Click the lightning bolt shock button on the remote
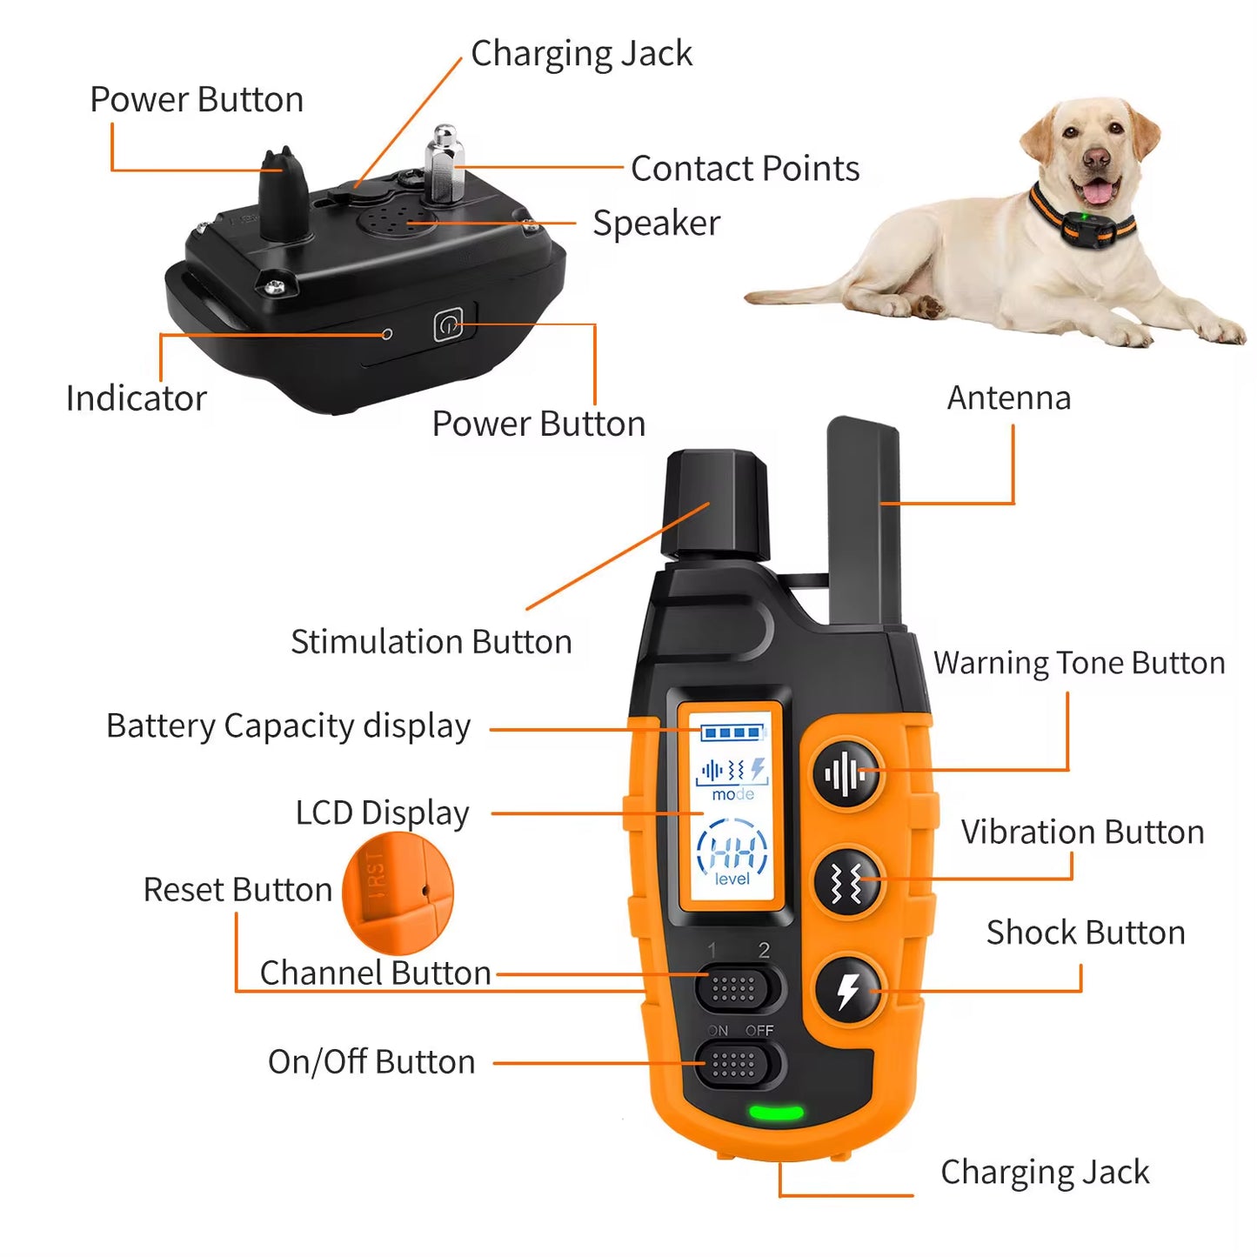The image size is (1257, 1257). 849,990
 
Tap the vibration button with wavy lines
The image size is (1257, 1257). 847,881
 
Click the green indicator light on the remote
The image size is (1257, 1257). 776,1113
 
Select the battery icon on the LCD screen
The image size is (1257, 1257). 732,732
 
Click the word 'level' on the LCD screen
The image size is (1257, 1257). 732,879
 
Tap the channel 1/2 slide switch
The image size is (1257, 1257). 736,988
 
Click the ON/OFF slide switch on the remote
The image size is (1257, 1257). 736,1064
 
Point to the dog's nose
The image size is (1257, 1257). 1097,158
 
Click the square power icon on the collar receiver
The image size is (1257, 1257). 447,326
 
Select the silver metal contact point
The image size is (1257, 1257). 445,165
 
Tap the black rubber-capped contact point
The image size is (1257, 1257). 284,196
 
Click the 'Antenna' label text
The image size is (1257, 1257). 1008,398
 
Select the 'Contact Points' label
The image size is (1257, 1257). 745,169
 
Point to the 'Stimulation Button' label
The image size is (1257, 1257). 431,642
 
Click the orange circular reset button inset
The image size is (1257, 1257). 398,892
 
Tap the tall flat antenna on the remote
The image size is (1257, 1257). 865,522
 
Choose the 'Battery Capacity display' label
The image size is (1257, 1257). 288,726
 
